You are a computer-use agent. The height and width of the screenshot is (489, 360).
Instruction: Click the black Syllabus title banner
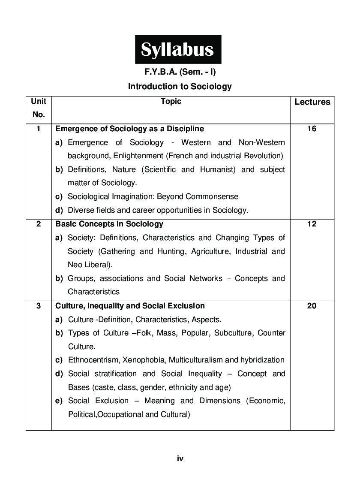pos(178,49)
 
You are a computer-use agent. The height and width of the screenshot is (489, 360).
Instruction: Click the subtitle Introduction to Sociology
pos(180,86)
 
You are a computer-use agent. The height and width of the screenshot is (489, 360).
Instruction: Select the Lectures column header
pos(312,102)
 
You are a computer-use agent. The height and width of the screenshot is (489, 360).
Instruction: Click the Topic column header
pos(171,102)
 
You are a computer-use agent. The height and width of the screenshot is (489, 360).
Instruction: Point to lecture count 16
pos(312,129)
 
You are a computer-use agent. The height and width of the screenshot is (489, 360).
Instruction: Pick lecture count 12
pos(312,224)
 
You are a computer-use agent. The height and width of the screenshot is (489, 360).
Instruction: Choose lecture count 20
pos(312,306)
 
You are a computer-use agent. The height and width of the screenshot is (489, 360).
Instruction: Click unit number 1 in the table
pos(39,129)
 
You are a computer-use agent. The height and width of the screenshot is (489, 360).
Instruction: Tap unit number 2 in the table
pos(39,224)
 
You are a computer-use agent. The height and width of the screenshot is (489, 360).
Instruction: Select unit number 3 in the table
pos(39,306)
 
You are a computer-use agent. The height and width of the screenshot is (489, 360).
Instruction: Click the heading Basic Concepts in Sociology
pos(109,224)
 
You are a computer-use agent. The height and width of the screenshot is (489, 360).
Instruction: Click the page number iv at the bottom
pos(180,459)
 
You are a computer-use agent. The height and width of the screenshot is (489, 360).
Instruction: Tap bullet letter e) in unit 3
pos(59,401)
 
